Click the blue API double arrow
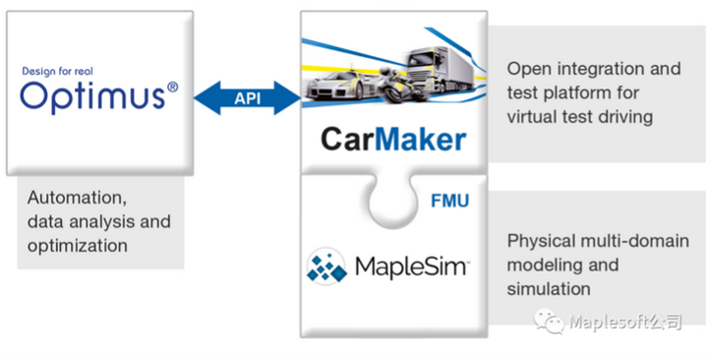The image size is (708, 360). coord(247,96)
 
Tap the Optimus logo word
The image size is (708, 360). coord(90,96)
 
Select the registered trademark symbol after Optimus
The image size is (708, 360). coord(172,88)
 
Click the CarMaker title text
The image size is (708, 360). coord(392,139)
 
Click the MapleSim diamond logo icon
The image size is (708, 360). coord(328,267)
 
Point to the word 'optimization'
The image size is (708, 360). coord(78,246)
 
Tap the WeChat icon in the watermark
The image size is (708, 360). coord(549,321)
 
